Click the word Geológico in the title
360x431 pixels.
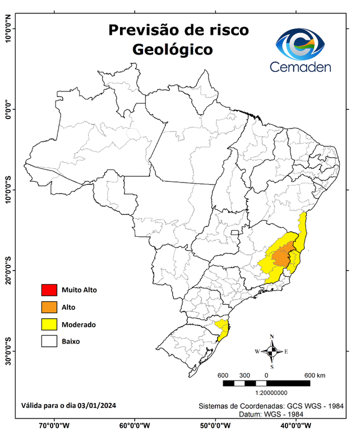[172, 49]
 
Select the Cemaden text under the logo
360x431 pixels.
[301, 67]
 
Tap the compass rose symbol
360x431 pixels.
[271, 352]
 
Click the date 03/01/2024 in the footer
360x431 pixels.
[97, 405]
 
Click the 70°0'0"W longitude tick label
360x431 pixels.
[54, 425]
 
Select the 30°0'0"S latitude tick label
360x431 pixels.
[8, 351]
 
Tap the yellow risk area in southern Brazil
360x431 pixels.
[223, 329]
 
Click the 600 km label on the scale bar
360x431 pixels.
[315, 375]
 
